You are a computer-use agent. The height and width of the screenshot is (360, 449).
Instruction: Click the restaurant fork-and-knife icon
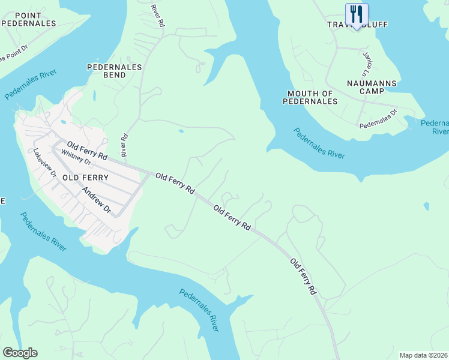click(x=357, y=13)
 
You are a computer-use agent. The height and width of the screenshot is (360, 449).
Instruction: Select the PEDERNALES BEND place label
click(x=114, y=71)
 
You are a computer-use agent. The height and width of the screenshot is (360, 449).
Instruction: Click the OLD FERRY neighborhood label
click(x=85, y=178)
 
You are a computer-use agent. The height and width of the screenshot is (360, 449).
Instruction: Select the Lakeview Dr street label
click(x=45, y=163)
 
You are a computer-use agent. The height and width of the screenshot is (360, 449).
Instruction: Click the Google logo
click(x=20, y=353)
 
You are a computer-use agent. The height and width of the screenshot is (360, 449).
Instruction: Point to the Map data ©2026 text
click(x=423, y=355)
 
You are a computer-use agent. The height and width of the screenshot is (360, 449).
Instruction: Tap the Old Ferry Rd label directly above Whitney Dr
click(x=87, y=150)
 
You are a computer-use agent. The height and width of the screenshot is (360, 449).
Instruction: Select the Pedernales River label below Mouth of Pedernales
click(x=319, y=143)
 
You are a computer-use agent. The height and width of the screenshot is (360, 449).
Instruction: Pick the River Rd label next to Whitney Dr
click(x=125, y=146)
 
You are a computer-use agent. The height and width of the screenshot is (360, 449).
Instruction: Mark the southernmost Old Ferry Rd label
click(x=303, y=277)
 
